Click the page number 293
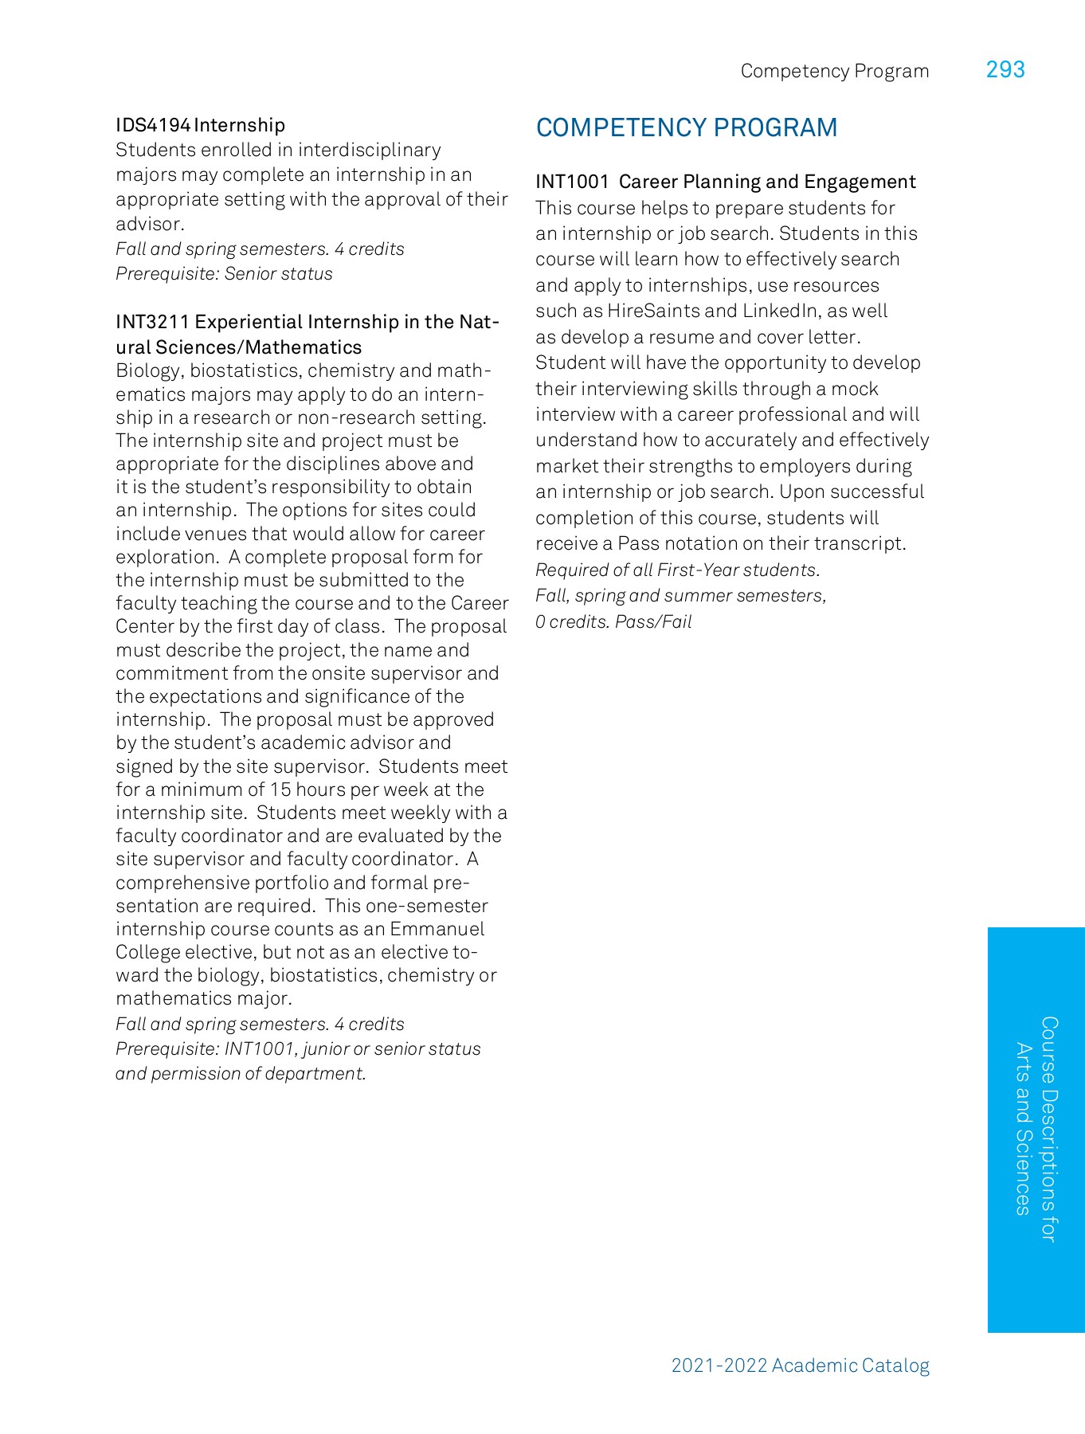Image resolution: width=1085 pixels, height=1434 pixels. (x=1005, y=70)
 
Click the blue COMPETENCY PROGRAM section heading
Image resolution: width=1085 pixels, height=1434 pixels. (x=686, y=127)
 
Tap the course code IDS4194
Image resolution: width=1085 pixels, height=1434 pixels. (x=153, y=125)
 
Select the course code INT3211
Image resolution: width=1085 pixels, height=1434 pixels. (x=152, y=322)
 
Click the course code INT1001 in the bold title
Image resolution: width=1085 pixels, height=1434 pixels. (x=572, y=182)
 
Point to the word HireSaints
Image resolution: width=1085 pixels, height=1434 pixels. (x=655, y=311)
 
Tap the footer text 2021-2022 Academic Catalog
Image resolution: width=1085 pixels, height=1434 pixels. (x=800, y=1365)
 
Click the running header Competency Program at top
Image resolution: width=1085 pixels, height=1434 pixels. (x=834, y=71)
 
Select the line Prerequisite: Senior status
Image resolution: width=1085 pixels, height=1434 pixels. (x=224, y=274)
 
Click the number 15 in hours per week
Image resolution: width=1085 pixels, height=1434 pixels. (x=280, y=789)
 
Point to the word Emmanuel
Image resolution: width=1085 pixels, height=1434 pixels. (x=437, y=929)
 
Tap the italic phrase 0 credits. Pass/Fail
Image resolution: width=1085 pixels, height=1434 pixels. (x=613, y=621)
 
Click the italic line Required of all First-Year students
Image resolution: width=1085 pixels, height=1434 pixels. (x=677, y=570)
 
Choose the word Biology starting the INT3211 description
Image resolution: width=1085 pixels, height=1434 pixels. (x=148, y=370)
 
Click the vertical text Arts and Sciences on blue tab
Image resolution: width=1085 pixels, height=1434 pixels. (x=1023, y=1129)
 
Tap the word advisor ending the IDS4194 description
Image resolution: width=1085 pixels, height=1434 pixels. (x=148, y=224)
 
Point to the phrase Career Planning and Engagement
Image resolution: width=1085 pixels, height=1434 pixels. (x=767, y=182)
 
